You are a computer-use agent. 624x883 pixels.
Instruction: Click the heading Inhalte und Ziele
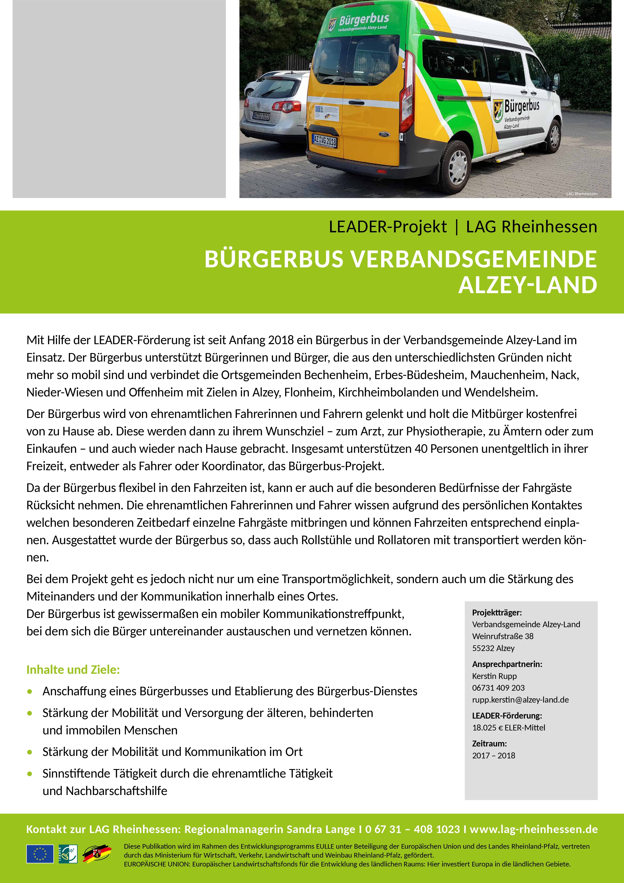(73, 669)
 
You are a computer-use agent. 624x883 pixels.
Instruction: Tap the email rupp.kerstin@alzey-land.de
(520, 700)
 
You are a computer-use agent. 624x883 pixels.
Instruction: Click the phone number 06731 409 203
(498, 688)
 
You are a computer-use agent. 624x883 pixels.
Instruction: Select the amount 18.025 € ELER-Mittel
(509, 728)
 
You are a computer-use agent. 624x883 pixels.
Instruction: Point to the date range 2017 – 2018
(494, 755)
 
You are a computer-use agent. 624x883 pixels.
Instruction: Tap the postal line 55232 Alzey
(493, 648)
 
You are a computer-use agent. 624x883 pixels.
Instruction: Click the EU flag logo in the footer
(40, 854)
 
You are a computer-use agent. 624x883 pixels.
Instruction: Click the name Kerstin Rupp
(494, 676)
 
